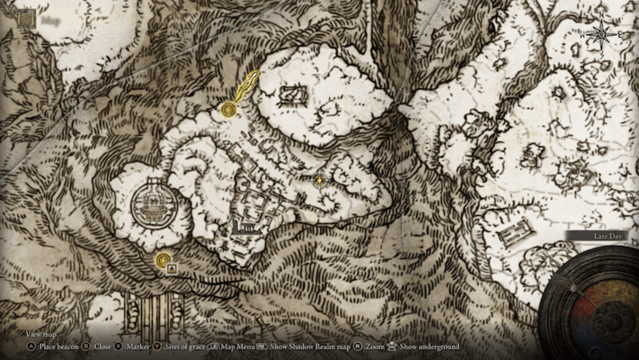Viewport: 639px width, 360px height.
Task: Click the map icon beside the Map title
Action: pos(27,16)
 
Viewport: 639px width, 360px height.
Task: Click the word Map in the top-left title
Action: pos(50,16)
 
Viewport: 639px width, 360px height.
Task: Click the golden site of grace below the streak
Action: pos(230,110)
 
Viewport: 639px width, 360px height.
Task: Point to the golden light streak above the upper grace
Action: pos(246,86)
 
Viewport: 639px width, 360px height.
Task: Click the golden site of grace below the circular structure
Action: pos(162,260)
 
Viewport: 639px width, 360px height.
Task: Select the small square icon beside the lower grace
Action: pos(173,266)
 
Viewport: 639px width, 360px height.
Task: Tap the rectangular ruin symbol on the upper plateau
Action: pos(291,95)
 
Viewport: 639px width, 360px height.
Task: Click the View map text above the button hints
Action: pos(41,335)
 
